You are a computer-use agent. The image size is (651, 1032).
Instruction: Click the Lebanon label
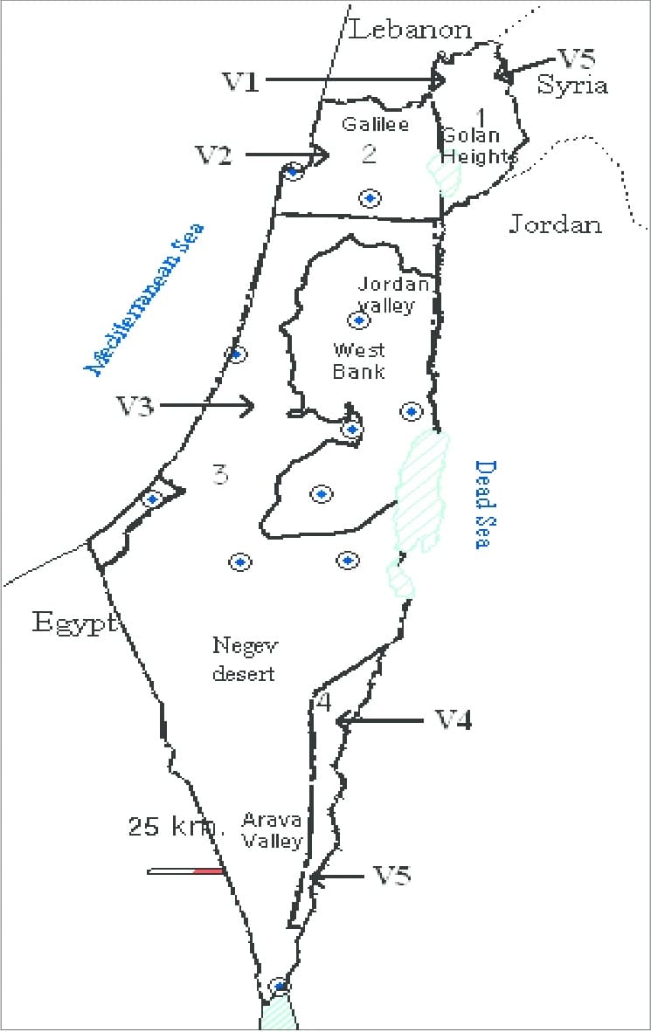click(x=411, y=30)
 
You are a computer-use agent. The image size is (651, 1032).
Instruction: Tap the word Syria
click(x=572, y=85)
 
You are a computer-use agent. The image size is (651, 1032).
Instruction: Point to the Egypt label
click(x=74, y=623)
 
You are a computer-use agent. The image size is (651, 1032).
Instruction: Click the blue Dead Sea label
click(x=481, y=505)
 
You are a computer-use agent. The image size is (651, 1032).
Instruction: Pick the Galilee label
click(x=375, y=124)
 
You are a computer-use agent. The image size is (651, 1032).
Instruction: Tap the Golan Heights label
click(x=477, y=146)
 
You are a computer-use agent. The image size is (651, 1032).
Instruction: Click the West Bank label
click(x=358, y=361)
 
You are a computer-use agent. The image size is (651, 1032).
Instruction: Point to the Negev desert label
click(x=244, y=658)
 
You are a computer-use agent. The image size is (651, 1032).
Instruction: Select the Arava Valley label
click(x=272, y=830)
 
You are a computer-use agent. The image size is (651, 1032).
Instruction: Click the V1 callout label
click(x=241, y=81)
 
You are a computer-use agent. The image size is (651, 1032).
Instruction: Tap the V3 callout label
click(x=136, y=405)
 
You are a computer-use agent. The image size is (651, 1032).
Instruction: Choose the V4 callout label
click(x=453, y=720)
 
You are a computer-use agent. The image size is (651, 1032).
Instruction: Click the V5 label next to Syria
click(x=577, y=58)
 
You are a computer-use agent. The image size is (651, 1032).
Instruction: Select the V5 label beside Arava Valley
click(x=391, y=875)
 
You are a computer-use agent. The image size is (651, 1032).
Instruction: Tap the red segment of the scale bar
click(x=209, y=870)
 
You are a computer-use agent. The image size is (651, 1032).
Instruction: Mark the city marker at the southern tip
click(x=279, y=986)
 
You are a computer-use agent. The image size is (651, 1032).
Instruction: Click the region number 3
click(x=220, y=475)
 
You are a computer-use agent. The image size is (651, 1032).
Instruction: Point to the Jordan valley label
click(x=395, y=293)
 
